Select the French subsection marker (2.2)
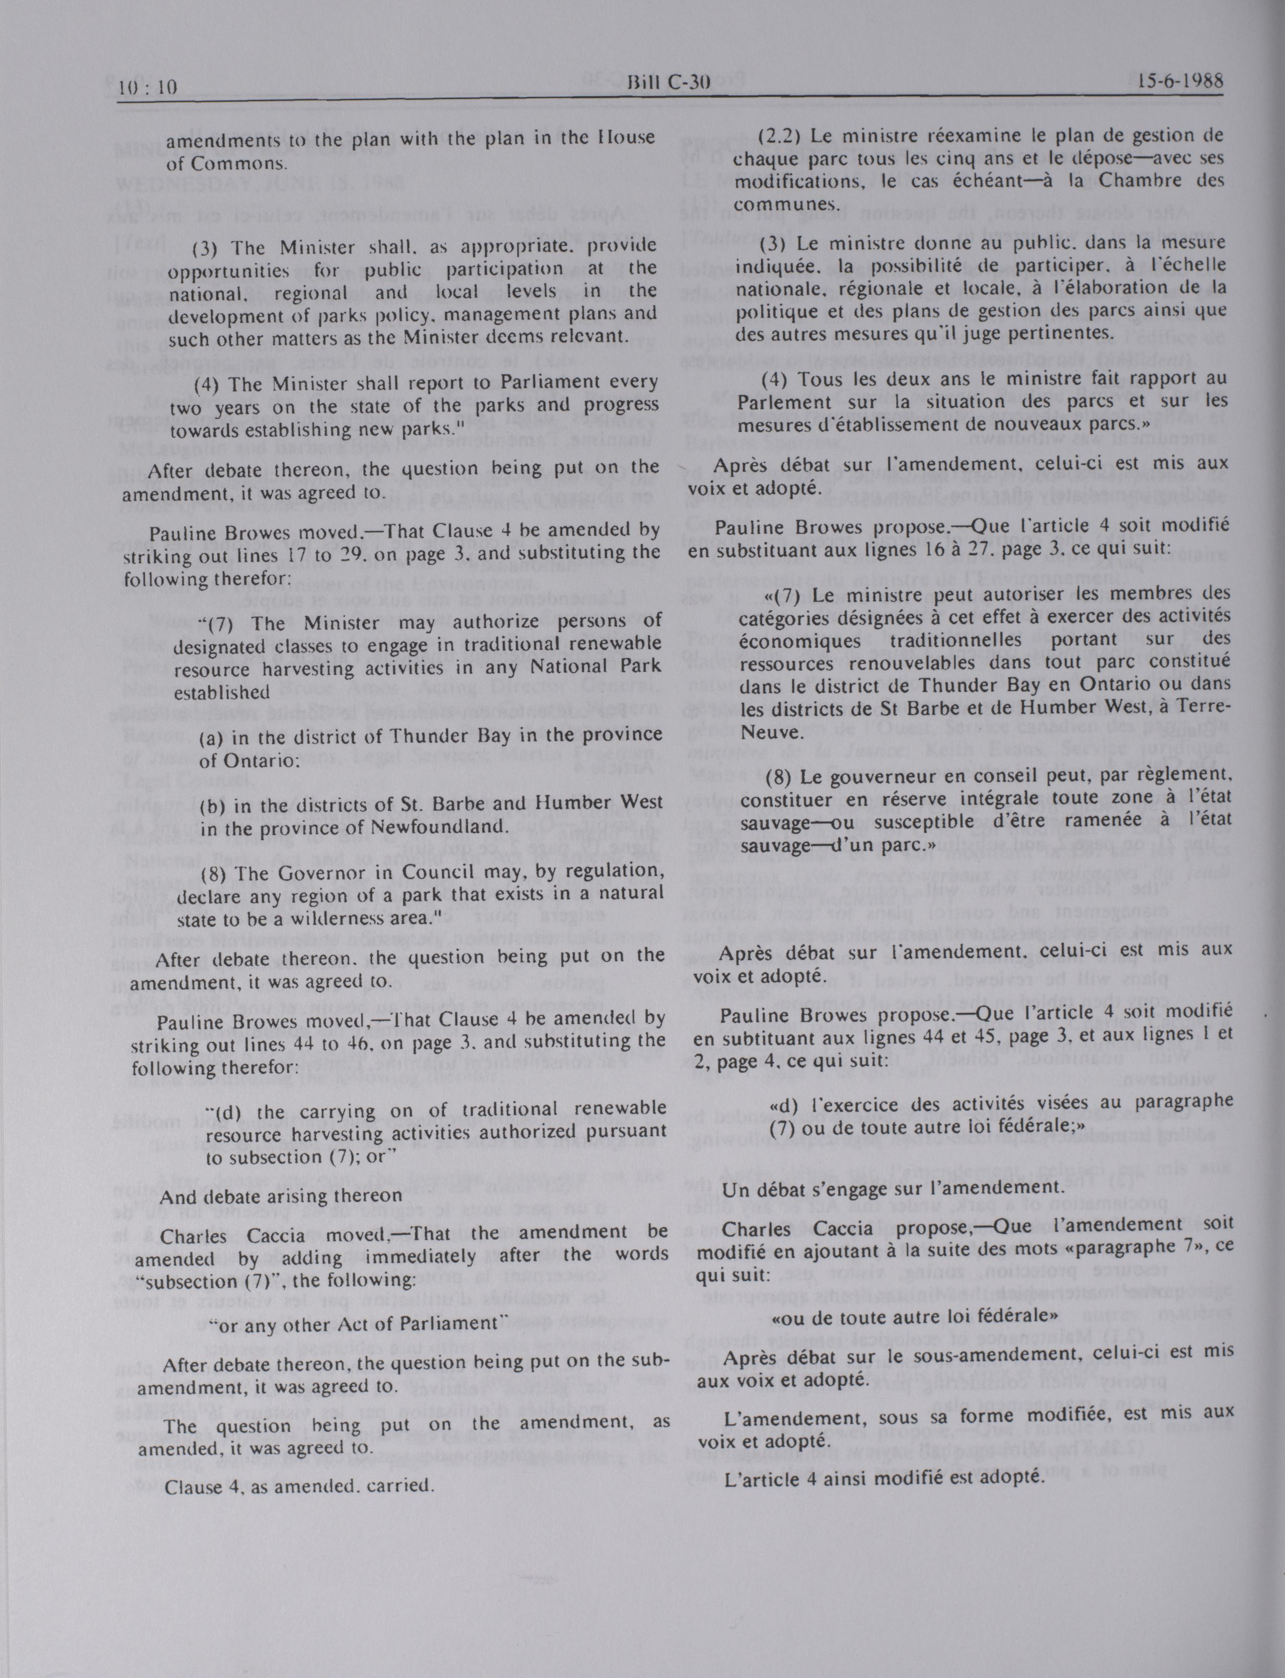pyautogui.click(x=780, y=136)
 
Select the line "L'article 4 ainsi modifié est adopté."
pyautogui.click(x=884, y=1477)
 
